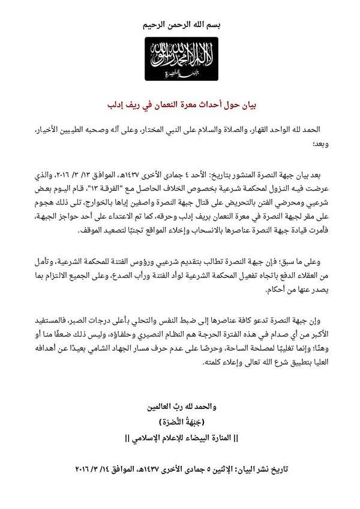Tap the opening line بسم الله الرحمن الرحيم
180,25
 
